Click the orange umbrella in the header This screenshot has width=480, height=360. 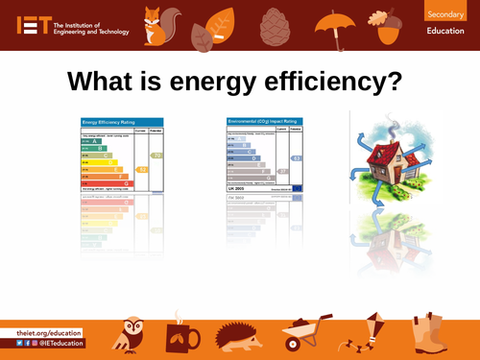[335, 23]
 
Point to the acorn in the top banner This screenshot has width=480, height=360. [388, 26]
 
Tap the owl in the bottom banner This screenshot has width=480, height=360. [130, 334]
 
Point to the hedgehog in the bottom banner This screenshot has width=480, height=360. [236, 338]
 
